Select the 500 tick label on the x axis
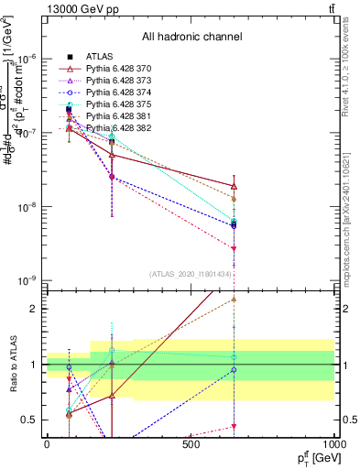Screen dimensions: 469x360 pyautogui.click(x=191, y=444)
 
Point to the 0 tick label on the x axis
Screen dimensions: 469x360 pyautogui.click(x=47, y=444)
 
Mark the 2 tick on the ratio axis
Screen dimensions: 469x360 pyautogui.click(x=32, y=309)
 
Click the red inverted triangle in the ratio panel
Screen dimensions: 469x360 pyautogui.click(x=235, y=426)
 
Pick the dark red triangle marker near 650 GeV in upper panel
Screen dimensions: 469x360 pyautogui.click(x=235, y=187)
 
